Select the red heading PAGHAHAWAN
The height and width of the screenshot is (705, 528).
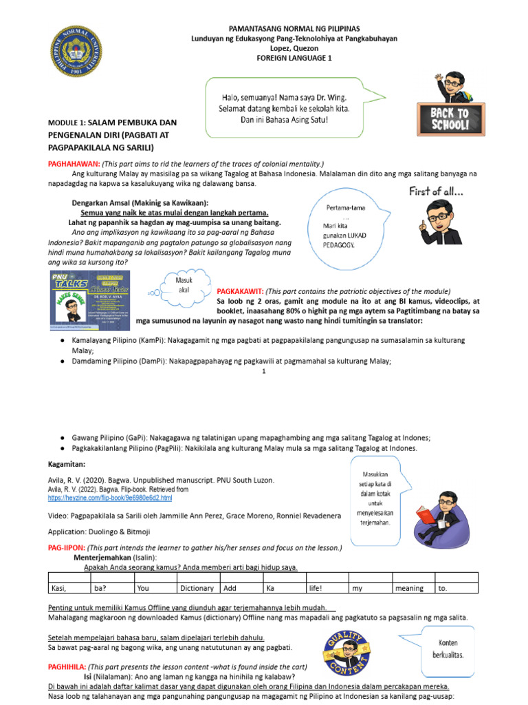73,165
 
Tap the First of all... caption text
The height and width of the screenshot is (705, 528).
435,191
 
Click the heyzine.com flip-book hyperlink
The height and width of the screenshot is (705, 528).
110,497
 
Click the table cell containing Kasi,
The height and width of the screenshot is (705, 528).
68,589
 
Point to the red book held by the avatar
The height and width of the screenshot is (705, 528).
423,513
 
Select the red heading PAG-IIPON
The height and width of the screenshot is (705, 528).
67,547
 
